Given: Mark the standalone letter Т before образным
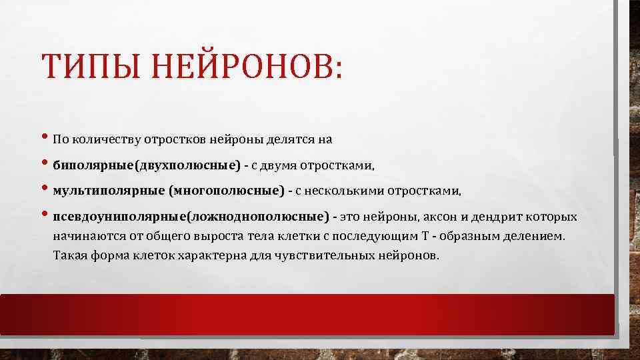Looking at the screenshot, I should coord(425,236).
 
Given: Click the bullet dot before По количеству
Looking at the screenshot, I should coord(45,139).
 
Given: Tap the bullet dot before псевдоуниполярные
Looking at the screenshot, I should coord(45,216).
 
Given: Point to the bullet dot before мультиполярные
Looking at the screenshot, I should coord(45,190).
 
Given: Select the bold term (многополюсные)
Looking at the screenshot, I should coord(227,191).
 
